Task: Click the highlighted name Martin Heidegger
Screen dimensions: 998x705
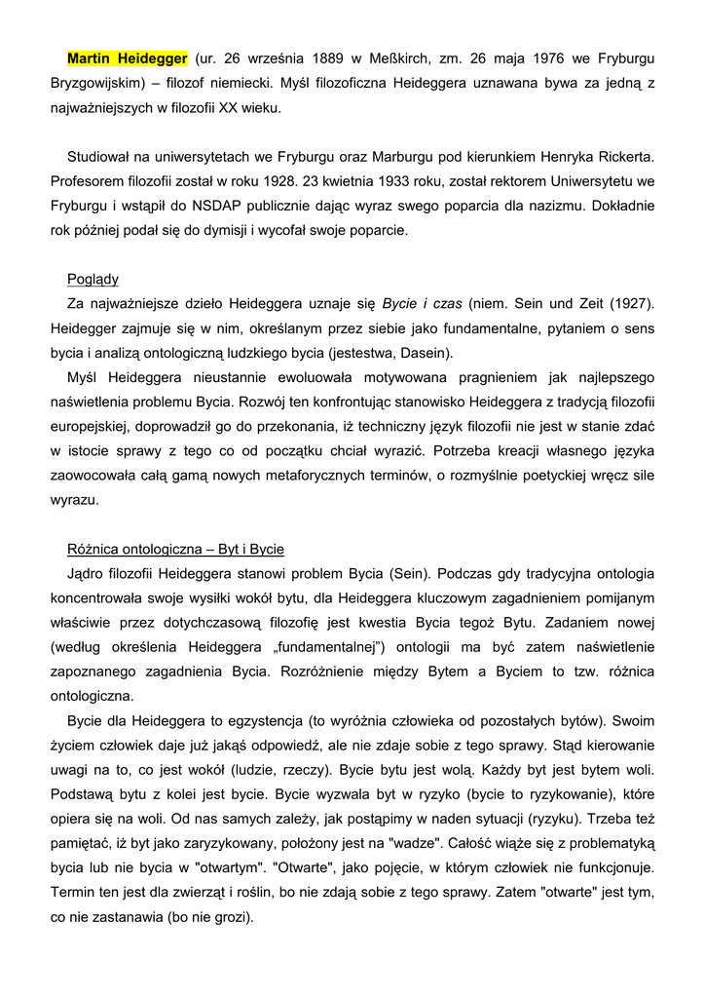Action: click(128, 58)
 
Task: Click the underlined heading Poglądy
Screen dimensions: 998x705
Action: click(93, 279)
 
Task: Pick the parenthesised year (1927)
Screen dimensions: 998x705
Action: click(629, 304)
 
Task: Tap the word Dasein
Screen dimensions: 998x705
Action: click(422, 353)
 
